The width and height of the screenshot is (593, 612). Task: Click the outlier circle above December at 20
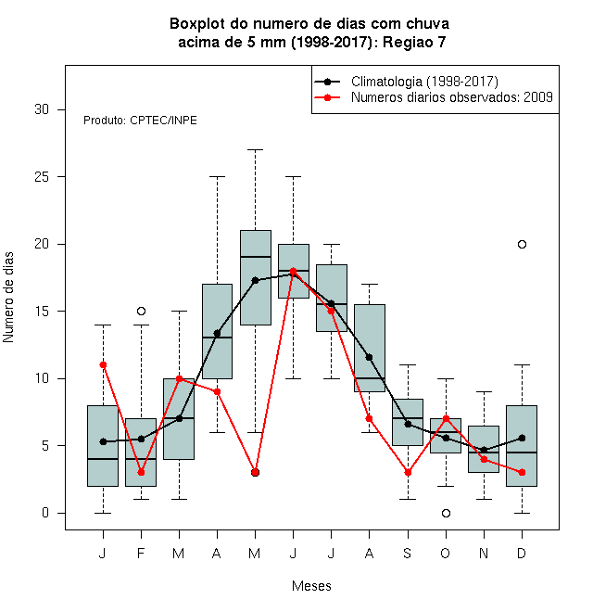(x=522, y=244)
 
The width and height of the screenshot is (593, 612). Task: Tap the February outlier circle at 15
(x=141, y=311)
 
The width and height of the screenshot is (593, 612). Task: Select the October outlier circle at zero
(x=446, y=514)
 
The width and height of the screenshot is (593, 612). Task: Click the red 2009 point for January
(x=103, y=365)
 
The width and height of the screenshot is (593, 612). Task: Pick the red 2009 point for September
(x=408, y=473)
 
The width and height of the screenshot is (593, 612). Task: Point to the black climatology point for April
(x=218, y=333)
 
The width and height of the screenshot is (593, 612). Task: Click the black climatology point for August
(x=369, y=357)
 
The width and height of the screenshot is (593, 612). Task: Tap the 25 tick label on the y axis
(x=42, y=177)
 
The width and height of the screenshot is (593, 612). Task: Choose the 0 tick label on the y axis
(x=45, y=513)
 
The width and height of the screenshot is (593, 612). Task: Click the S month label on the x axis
(x=408, y=553)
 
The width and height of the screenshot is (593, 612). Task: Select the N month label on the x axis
(x=484, y=553)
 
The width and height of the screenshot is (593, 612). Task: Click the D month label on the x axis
(x=522, y=553)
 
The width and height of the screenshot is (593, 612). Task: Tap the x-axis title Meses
(x=311, y=586)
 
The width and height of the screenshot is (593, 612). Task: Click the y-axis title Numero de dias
(x=8, y=298)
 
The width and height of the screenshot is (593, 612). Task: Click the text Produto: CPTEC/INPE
(x=140, y=121)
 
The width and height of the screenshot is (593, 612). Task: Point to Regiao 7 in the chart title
(x=414, y=42)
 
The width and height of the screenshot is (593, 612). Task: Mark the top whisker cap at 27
(x=255, y=149)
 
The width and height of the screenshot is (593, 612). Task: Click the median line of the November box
(x=484, y=453)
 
